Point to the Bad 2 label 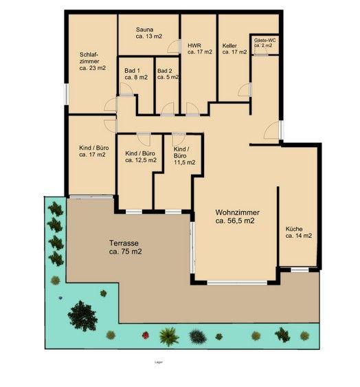pos(167,74)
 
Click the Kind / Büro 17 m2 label pos(92,151)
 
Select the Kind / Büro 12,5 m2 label pos(138,157)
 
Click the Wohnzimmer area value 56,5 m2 pos(236,221)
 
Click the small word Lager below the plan pos(159,361)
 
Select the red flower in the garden pos(145,335)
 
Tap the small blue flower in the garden pos(60,298)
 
